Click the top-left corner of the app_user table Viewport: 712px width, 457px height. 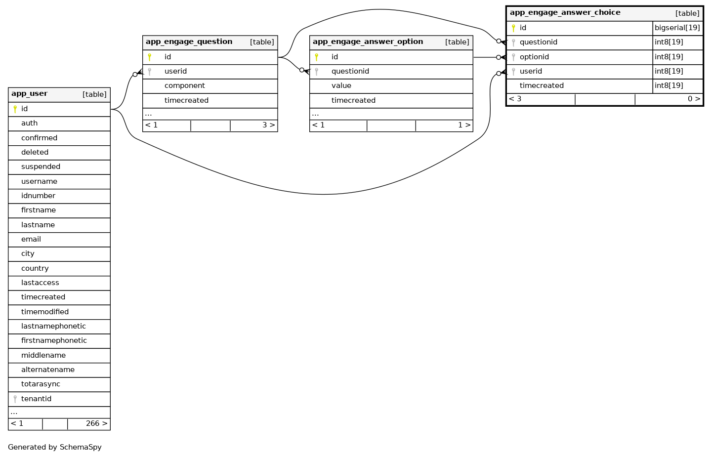pos(8,88)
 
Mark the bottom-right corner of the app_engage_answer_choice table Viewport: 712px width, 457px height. pos(704,106)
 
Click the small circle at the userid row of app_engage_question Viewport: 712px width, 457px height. pos(135,75)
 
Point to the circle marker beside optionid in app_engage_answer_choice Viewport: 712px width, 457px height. pos(499,57)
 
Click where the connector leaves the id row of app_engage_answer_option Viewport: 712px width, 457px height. pos(473,57)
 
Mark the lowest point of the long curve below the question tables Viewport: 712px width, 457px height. pos(324,194)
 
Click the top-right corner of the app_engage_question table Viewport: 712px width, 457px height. pos(278,36)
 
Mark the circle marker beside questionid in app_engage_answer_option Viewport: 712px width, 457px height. pos(301,70)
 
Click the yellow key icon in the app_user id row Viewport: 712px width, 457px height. pos(15,109)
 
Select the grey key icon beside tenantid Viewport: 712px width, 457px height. pos(15,399)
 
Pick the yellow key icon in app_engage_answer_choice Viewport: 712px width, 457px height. pos(513,28)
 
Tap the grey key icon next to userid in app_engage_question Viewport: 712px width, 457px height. pos(149,72)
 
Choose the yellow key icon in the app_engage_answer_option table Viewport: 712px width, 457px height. pos(316,57)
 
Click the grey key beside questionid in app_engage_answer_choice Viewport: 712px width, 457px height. pos(513,42)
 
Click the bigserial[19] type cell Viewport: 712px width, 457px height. pos(677,28)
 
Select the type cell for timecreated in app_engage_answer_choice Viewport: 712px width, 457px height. pos(677,86)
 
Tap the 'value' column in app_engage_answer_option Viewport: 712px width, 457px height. pos(341,86)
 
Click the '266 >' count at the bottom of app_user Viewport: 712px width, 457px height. pos(97,423)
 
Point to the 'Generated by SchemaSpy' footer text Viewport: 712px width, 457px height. pos(55,448)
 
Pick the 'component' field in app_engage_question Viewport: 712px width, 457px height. pos(184,86)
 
